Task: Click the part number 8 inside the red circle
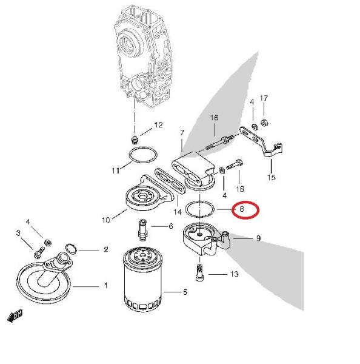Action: (x=242, y=209)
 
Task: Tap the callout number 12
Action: (x=158, y=125)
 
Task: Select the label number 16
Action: (x=214, y=118)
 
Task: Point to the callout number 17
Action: (x=264, y=98)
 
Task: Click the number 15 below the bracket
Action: (x=271, y=177)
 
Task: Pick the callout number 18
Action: (x=240, y=189)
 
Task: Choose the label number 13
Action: (x=235, y=274)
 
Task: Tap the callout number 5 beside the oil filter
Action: (x=185, y=292)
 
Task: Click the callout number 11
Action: (x=116, y=171)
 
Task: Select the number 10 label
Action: (x=106, y=220)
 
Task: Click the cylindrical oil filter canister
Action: (x=142, y=279)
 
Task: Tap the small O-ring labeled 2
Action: (x=72, y=249)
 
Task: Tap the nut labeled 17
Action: (x=264, y=123)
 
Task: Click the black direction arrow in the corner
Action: (x=15, y=315)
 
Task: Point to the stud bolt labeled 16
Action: (x=220, y=142)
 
